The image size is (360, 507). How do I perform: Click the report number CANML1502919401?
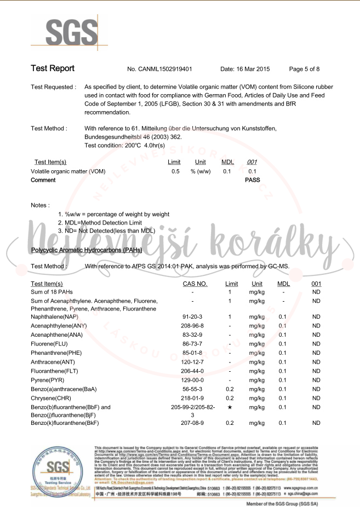(159, 69)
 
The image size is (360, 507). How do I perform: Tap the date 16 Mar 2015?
(245, 69)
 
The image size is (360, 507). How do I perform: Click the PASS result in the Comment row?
(253, 180)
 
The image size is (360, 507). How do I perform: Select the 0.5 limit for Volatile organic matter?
(175, 171)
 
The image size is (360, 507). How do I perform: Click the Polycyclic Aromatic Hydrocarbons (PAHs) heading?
(87, 250)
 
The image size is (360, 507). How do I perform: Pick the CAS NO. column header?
(195, 284)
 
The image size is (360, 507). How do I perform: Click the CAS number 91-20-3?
(193, 316)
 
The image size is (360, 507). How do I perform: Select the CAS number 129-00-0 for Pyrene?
(193, 380)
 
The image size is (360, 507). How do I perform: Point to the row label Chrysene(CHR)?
(51, 398)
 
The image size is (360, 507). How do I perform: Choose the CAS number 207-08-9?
(193, 423)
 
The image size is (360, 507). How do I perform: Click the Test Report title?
(53, 68)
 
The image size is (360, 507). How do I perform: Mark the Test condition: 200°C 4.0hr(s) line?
(124, 145)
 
